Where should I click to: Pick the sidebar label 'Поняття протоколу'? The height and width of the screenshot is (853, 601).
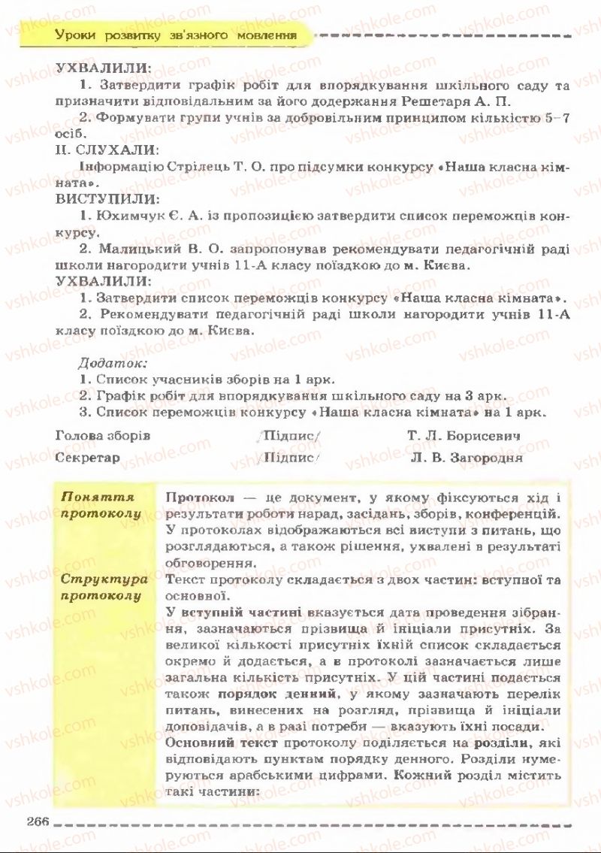pyautogui.click(x=101, y=505)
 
